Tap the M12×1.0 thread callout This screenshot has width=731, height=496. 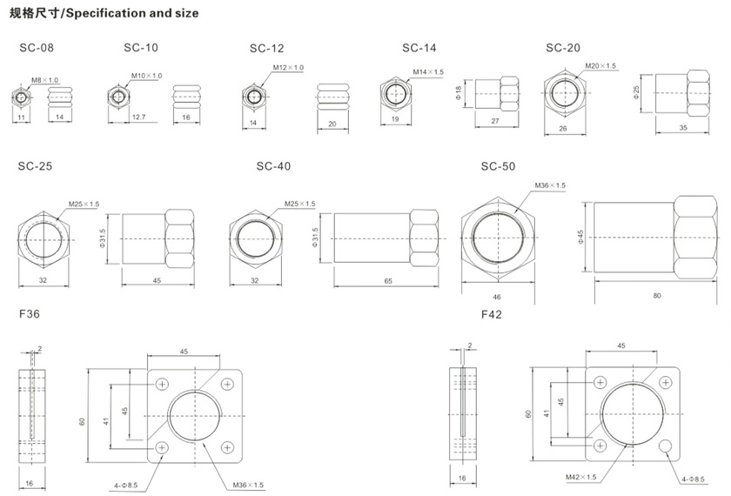click(288, 68)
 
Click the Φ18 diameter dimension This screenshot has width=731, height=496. click(458, 90)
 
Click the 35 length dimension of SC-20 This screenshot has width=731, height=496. click(681, 128)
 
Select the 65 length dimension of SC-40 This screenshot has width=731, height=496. click(386, 281)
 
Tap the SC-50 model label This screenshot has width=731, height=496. click(499, 165)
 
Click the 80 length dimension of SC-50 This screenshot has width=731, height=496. click(656, 296)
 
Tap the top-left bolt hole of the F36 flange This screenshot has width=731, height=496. click(163, 385)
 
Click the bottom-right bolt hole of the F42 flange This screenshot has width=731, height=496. click(665, 446)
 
